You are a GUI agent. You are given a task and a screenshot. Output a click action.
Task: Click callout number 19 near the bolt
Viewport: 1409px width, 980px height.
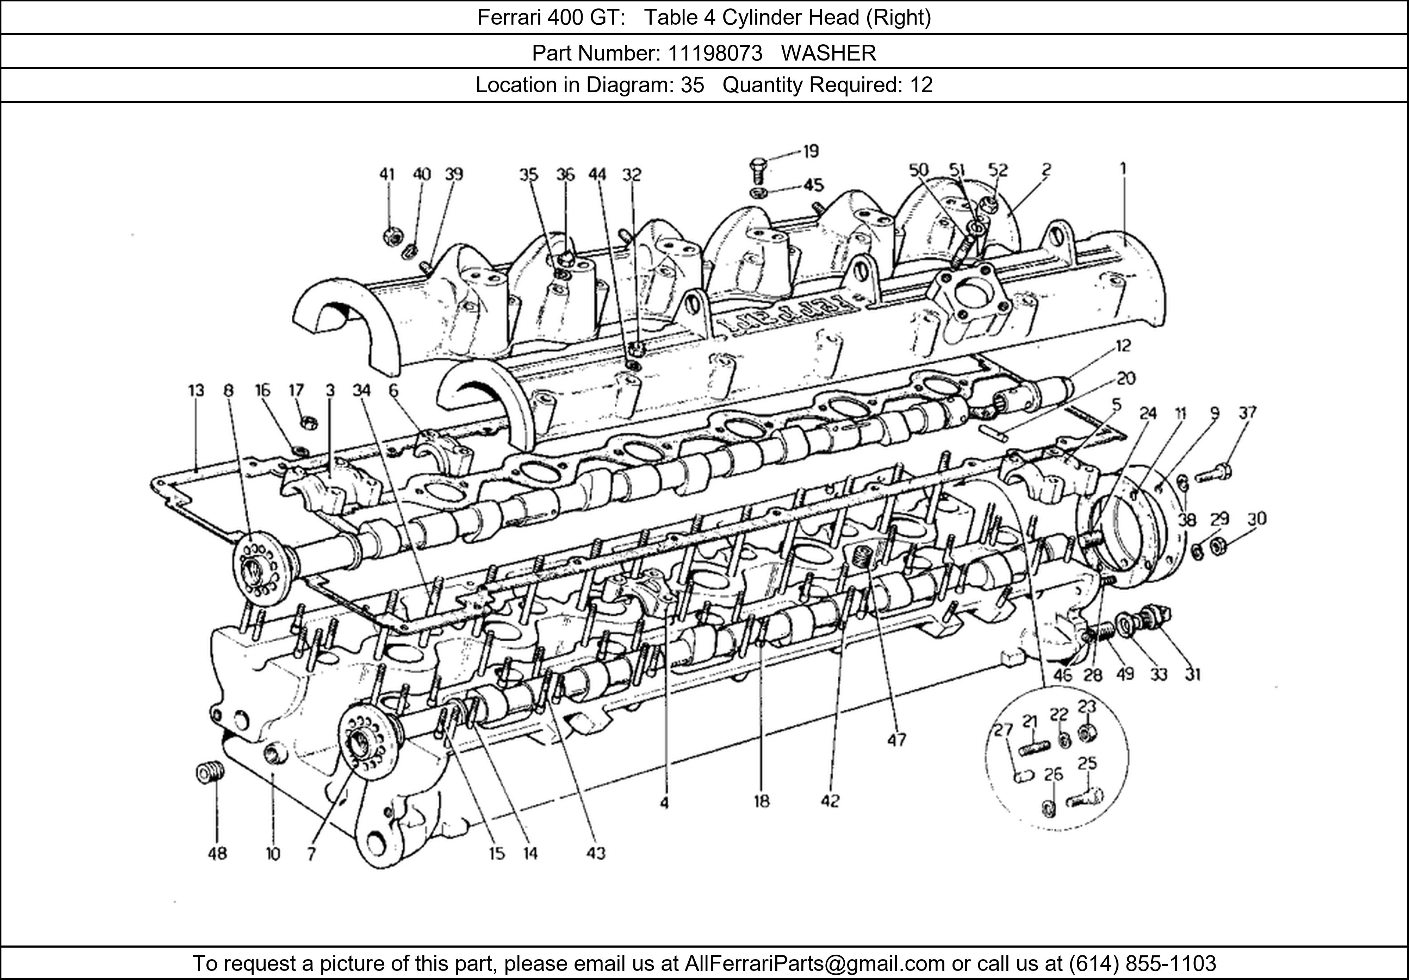coord(811,151)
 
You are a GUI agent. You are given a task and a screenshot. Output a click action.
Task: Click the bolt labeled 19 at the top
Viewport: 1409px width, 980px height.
coord(758,170)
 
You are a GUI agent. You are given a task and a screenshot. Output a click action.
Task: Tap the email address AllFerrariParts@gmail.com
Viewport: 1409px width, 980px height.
coord(814,963)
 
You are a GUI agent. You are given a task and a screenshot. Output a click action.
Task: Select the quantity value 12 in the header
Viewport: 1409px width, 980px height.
coord(920,84)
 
